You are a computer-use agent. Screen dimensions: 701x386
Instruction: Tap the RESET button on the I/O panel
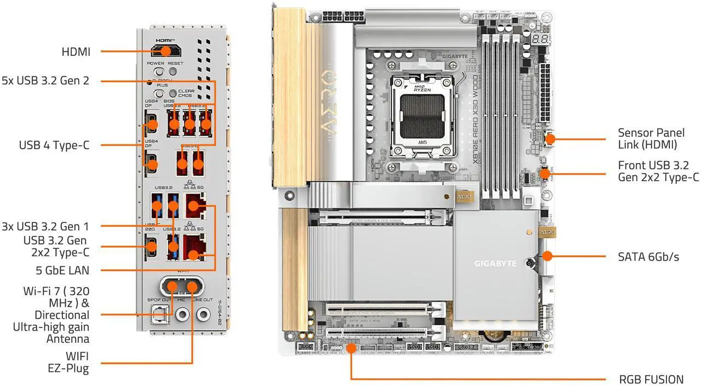175,71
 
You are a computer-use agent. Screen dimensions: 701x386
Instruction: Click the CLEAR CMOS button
175,94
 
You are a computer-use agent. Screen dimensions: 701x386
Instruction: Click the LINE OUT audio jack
203,314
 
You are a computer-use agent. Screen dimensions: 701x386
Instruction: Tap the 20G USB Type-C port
152,249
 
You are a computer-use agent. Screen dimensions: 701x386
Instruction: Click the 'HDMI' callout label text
76,52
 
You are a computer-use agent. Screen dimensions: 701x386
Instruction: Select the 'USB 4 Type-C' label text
54,145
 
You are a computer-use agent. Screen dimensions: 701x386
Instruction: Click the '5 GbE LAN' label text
61,270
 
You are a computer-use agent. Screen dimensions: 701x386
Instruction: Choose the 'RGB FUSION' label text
651,379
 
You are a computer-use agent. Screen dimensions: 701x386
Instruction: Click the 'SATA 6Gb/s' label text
648,256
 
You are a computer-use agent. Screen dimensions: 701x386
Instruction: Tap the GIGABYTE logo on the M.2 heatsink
495,263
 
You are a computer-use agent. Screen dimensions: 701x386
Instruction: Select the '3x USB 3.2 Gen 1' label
53,226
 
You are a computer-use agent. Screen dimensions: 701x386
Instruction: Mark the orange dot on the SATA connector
549,256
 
